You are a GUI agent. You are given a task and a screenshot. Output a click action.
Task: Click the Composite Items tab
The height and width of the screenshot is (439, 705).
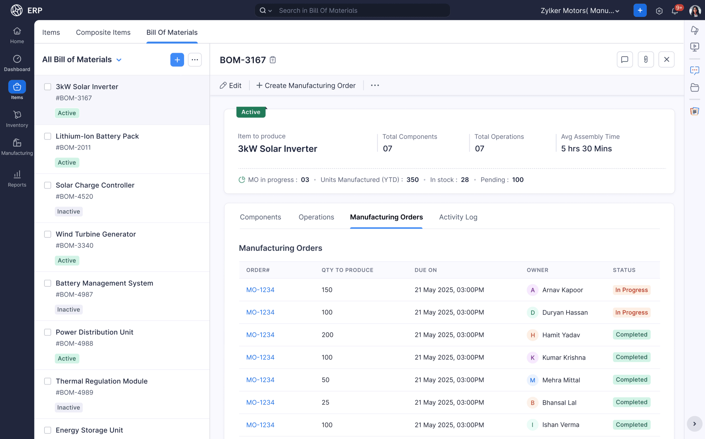click(x=103, y=32)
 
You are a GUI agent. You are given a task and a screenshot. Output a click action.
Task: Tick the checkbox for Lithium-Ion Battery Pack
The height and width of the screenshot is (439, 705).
click(x=48, y=136)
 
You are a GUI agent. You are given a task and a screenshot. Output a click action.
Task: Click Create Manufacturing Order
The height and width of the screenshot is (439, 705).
click(x=306, y=86)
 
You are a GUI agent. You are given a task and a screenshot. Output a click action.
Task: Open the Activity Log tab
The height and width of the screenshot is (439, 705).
click(x=458, y=217)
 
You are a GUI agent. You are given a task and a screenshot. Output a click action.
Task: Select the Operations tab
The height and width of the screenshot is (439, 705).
click(x=316, y=217)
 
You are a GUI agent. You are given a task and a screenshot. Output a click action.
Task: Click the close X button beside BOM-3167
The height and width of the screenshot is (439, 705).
click(x=666, y=60)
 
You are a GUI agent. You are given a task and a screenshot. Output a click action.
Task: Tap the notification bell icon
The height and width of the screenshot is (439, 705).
click(x=674, y=11)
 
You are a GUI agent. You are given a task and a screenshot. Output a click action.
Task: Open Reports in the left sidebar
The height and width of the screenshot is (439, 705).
click(x=17, y=178)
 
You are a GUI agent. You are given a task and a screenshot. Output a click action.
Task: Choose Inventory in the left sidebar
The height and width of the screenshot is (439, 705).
click(x=17, y=119)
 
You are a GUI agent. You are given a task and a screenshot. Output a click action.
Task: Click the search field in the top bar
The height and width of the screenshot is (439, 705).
click(x=358, y=11)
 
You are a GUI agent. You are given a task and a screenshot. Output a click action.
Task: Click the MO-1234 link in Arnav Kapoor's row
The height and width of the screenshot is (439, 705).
click(x=260, y=290)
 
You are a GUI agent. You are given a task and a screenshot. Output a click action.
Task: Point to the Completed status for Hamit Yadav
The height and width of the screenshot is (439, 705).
click(x=631, y=335)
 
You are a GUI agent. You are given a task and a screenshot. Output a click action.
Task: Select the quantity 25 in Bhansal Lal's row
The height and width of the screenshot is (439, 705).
click(x=325, y=402)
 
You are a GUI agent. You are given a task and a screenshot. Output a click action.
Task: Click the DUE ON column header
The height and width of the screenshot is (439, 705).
click(x=426, y=270)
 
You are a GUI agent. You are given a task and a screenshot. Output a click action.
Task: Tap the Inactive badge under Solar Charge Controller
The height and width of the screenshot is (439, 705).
click(x=69, y=211)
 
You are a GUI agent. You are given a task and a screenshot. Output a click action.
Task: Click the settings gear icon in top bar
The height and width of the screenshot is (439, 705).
click(x=659, y=11)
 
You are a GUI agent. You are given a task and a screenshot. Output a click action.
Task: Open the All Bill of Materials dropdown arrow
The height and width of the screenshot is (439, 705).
click(x=119, y=60)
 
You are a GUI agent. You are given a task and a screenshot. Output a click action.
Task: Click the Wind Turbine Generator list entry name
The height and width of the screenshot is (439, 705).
click(x=96, y=234)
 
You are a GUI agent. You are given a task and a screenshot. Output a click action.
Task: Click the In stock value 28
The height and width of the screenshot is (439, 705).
click(x=464, y=180)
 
